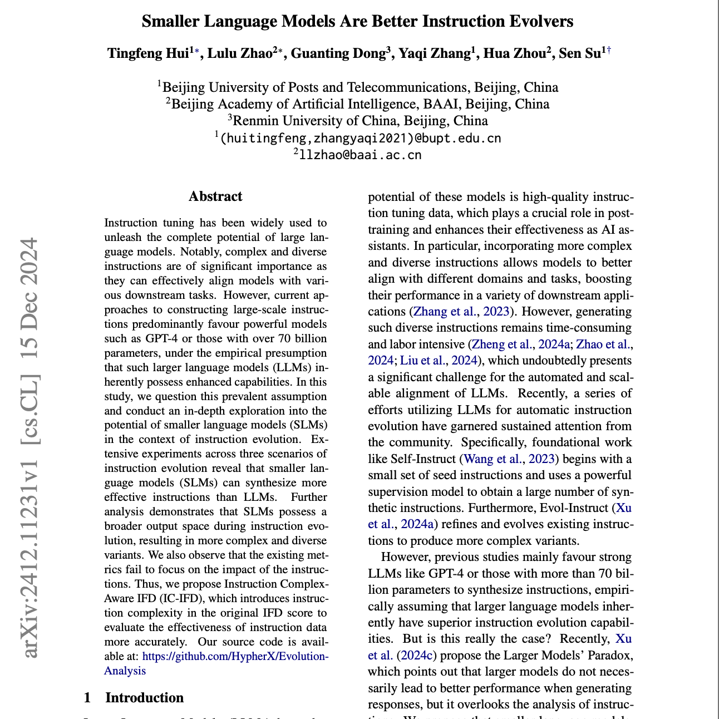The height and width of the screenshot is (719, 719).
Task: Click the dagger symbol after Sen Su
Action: coord(609,51)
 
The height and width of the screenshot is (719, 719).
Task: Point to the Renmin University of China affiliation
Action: coord(359,121)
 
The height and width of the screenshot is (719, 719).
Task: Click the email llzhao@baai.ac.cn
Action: coord(359,155)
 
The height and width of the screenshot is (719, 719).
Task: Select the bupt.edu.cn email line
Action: coord(360,138)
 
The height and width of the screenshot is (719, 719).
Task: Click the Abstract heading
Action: coord(215,196)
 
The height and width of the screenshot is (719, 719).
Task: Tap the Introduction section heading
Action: coord(144,698)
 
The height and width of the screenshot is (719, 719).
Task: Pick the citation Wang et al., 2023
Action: coord(509,459)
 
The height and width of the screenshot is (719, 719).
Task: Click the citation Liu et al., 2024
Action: coord(439,361)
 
